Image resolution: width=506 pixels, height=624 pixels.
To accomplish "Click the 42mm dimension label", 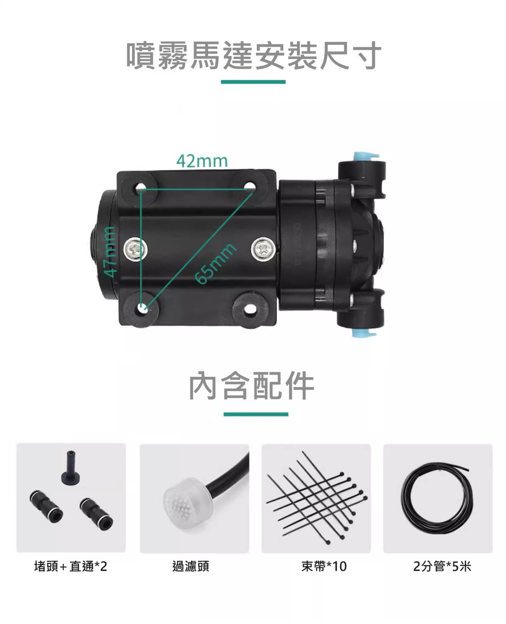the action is coord(202,161).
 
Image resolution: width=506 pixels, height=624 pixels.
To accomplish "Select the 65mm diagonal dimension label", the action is coord(215,264).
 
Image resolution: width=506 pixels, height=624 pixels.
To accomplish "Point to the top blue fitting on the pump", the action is coord(366,156).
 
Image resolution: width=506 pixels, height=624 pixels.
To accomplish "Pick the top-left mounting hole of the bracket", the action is coord(141,187).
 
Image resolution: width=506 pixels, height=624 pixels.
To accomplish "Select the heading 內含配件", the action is coord(252,386).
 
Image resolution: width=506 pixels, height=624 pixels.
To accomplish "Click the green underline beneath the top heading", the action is coord(253,82).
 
